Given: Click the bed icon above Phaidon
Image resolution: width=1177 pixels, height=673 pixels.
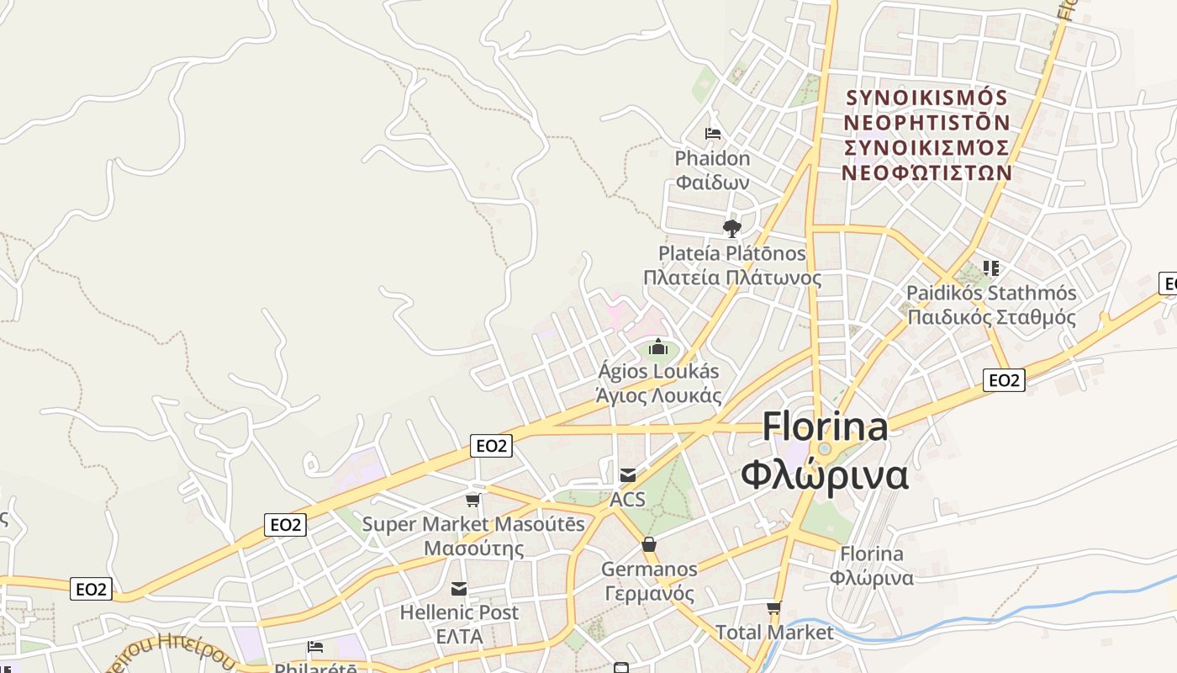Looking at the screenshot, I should pyautogui.click(x=713, y=134).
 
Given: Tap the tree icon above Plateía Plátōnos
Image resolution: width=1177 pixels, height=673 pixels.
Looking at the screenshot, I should pyautogui.click(x=732, y=228).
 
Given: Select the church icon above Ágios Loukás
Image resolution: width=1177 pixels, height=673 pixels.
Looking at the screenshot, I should pyautogui.click(x=657, y=347).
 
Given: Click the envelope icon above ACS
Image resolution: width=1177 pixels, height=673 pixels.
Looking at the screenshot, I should pyautogui.click(x=628, y=475).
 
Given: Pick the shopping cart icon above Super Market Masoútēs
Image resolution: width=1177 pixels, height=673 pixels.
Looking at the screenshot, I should pyautogui.click(x=473, y=501).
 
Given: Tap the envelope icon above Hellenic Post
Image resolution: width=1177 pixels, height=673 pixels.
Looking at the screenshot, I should pyautogui.click(x=459, y=588).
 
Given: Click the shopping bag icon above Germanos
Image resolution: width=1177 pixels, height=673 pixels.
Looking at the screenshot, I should pyautogui.click(x=649, y=545).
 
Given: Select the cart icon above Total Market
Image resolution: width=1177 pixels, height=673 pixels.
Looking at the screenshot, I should pyautogui.click(x=773, y=607).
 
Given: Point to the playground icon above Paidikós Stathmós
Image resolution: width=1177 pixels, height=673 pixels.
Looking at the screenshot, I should pyautogui.click(x=991, y=268).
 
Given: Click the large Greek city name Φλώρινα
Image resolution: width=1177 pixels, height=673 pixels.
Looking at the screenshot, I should pyautogui.click(x=825, y=475).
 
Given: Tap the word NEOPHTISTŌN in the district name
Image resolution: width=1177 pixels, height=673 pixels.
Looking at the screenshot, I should pyautogui.click(x=926, y=123).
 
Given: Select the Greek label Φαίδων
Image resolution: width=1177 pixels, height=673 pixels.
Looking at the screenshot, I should pyautogui.click(x=712, y=182).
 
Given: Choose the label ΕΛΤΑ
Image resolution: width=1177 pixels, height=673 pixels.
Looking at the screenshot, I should pyautogui.click(x=459, y=637).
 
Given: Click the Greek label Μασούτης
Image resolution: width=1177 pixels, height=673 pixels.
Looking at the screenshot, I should pyautogui.click(x=473, y=548).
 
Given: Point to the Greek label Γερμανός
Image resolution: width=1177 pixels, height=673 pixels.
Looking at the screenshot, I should pyautogui.click(x=649, y=593).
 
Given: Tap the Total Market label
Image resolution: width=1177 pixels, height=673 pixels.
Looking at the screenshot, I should pyautogui.click(x=774, y=633).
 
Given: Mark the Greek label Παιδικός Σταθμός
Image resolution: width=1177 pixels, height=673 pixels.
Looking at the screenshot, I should pyautogui.click(x=991, y=317).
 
